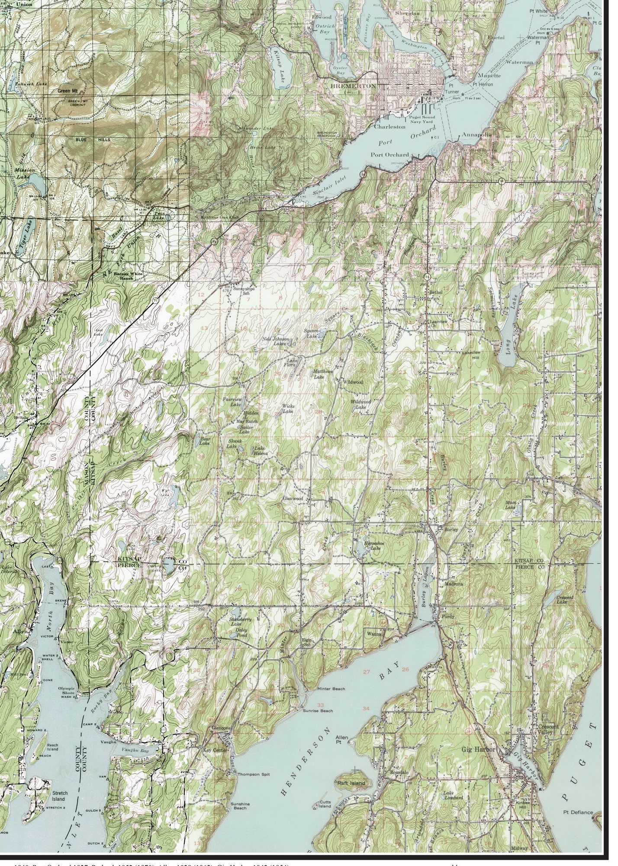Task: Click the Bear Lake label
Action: [205, 441]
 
